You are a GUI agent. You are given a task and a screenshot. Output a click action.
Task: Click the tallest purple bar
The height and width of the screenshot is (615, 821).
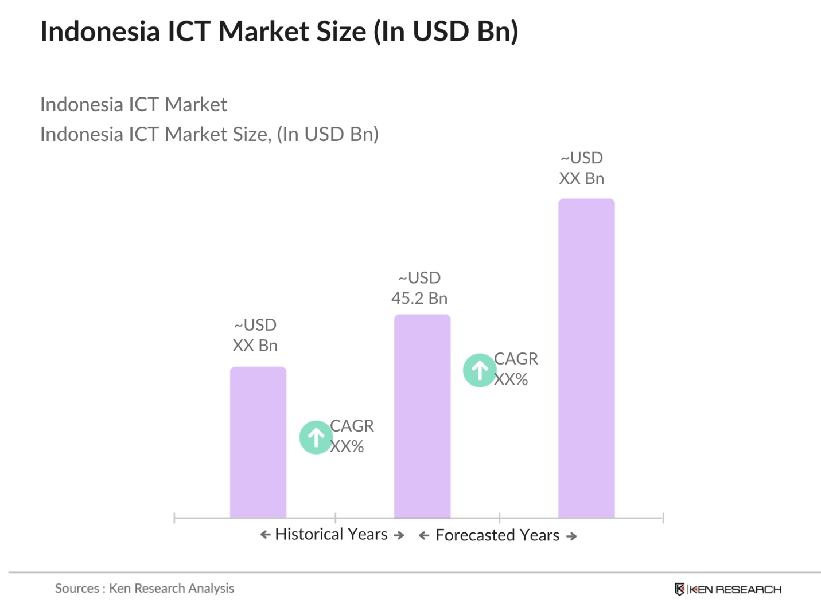pos(586,358)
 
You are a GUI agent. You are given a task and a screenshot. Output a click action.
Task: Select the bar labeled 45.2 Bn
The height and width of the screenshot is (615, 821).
pos(422,416)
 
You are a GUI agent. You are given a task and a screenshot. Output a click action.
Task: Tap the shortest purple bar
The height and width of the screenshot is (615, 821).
pos(258,442)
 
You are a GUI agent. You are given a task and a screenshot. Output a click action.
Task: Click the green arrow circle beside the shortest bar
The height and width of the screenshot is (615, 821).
pos(316,437)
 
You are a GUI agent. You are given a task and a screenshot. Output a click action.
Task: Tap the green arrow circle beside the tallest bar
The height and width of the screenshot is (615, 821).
pos(479,370)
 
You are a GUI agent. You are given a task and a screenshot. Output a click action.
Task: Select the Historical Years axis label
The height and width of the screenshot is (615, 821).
pos(331,534)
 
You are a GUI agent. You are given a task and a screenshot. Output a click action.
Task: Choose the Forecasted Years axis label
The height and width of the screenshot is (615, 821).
pos(497,535)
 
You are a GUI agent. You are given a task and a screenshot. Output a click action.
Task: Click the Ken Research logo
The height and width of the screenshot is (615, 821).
pos(727,589)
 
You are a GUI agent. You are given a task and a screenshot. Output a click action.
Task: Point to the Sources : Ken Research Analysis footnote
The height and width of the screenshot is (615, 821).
pos(144,588)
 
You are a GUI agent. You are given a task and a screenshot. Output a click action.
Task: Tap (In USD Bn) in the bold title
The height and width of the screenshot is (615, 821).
pos(446,32)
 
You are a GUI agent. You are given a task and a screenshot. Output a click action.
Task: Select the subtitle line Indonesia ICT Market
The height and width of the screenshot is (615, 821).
pos(134,104)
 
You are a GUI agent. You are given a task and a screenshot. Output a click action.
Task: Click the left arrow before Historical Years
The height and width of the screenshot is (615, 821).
pos(265,535)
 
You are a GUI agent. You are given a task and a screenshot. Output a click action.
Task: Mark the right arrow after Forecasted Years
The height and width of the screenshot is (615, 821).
pos(571,536)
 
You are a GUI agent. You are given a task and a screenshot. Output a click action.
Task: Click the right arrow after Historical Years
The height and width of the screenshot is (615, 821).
pos(399,535)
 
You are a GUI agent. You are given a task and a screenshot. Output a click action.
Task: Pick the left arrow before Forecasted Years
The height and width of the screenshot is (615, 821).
pos(424,536)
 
